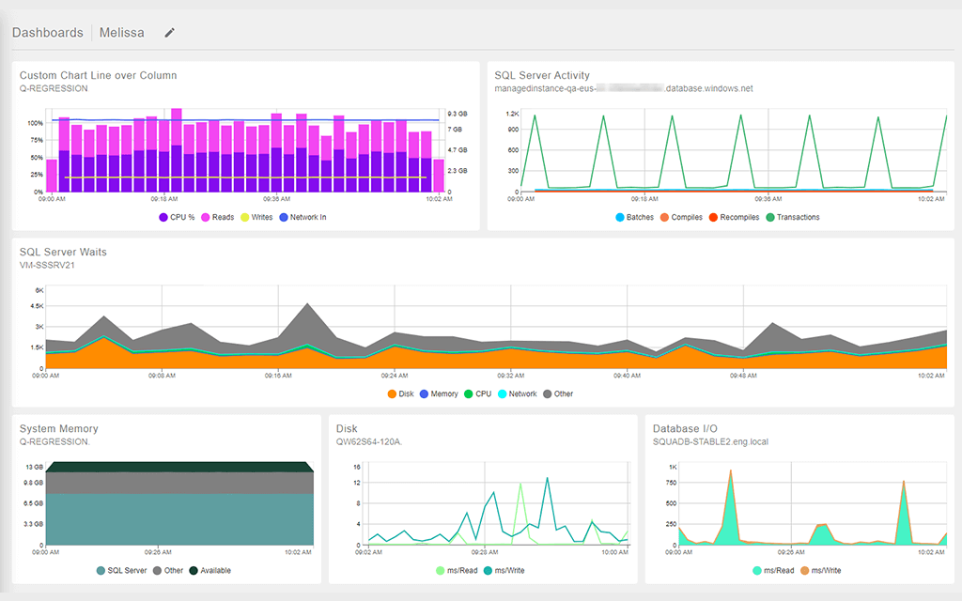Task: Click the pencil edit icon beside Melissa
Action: (x=170, y=33)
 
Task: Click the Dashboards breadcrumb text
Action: (x=47, y=33)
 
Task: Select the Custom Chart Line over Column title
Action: (x=98, y=75)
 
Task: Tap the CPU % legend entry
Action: (x=177, y=217)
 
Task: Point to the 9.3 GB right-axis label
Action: (x=457, y=113)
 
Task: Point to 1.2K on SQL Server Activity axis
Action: (x=512, y=114)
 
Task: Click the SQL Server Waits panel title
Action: (x=63, y=252)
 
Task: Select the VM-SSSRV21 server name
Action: (x=47, y=265)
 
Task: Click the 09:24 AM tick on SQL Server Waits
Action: (x=395, y=375)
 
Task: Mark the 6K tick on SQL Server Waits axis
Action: (x=39, y=290)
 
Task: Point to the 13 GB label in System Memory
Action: (x=33, y=467)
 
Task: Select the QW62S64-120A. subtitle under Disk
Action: (x=368, y=441)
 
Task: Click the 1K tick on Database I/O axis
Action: (x=672, y=467)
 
